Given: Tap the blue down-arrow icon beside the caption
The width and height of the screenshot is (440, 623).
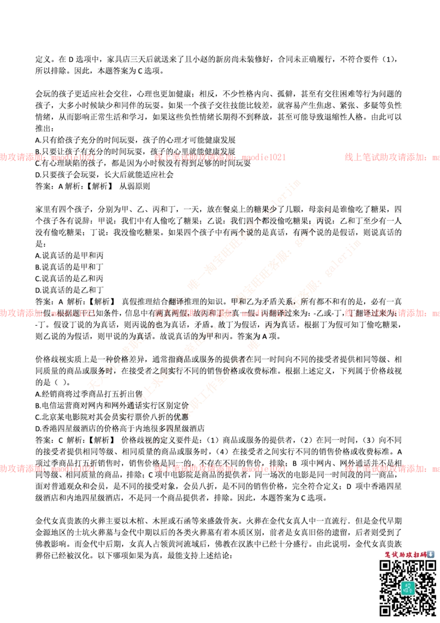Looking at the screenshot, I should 431,554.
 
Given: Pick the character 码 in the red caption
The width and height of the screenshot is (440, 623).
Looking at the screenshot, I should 423,554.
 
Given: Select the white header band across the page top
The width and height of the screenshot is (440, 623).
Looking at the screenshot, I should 220,36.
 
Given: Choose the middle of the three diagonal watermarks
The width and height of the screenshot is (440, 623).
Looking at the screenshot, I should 226,314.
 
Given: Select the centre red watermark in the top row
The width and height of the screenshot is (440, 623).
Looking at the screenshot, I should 220,157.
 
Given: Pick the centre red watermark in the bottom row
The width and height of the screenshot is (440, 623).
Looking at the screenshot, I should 220,469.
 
